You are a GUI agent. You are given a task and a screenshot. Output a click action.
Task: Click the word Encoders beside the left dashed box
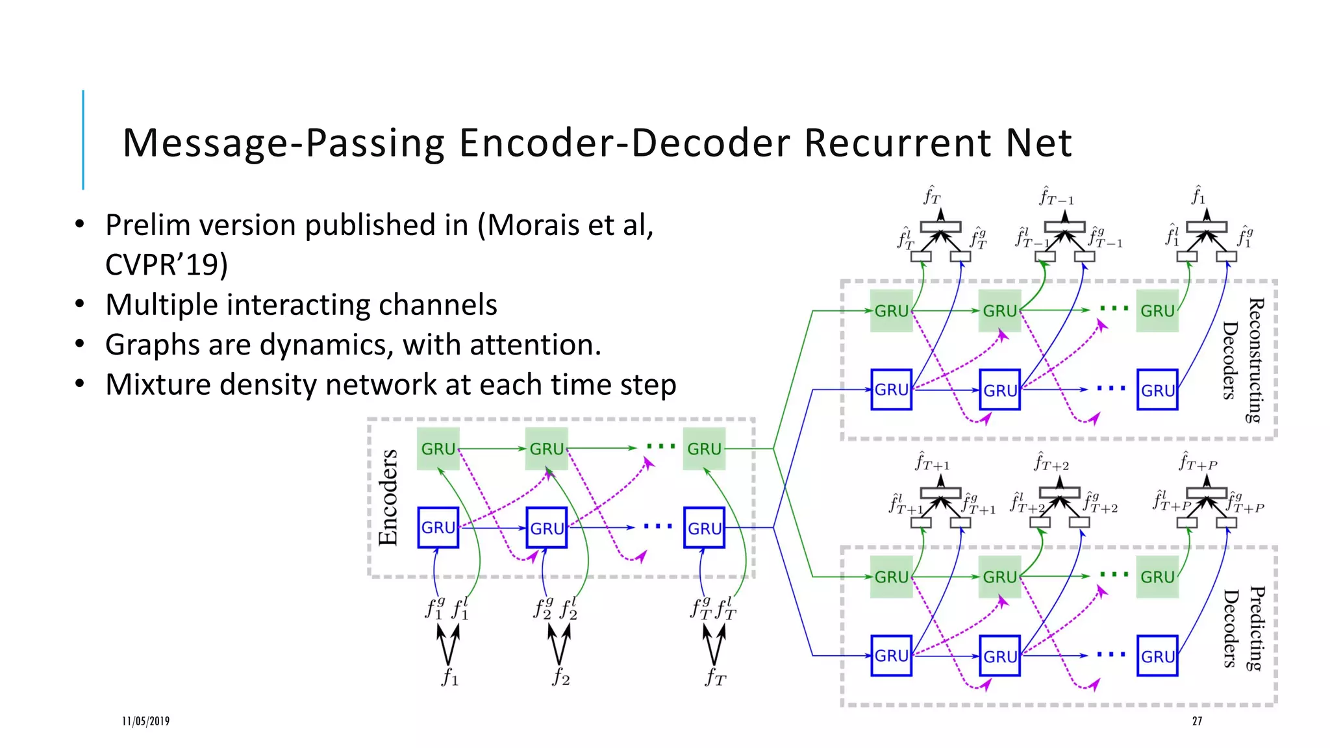coord(388,497)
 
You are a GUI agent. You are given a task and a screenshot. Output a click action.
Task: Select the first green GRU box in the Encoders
coord(438,449)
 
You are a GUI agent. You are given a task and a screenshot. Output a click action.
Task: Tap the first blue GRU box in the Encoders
coord(438,528)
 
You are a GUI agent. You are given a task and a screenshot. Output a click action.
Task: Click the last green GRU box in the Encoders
coord(704,449)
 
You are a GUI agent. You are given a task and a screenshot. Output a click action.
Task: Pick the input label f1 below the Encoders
coord(450,677)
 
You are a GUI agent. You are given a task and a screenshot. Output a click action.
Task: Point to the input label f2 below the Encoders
coord(561,677)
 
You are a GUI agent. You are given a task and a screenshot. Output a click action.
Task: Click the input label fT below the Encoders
coord(716,677)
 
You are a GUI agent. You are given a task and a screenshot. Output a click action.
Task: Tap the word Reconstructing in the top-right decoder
coord(1256,360)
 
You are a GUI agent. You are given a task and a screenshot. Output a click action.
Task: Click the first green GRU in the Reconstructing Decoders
coord(891,311)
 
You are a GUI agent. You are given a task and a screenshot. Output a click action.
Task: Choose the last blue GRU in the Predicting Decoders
coord(1157,656)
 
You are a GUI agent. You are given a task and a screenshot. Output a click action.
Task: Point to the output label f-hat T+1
coord(933,462)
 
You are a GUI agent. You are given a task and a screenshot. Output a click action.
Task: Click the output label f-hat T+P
coord(1198,462)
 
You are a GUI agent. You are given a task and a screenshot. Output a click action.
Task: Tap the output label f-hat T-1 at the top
coord(1057,196)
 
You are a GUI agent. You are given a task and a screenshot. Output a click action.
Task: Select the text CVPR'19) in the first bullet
coord(166,264)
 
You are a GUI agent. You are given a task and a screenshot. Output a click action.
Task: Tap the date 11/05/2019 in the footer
coord(145,721)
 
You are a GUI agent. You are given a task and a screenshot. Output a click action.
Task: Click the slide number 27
coord(1197,721)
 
